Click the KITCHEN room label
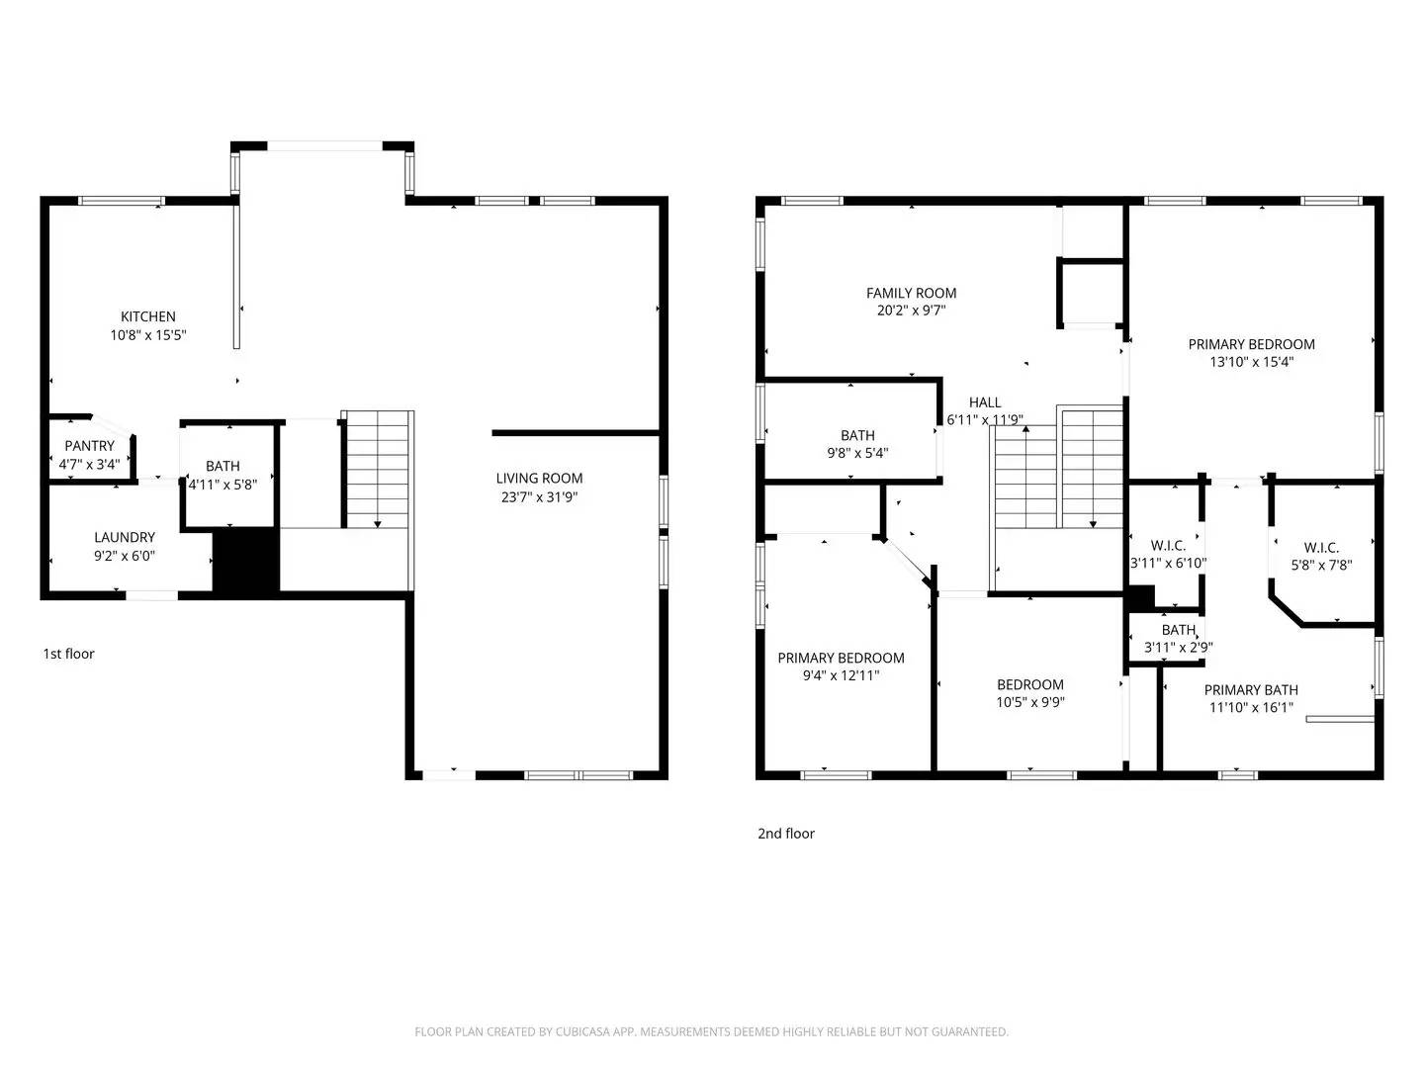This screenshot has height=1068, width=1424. point(148,316)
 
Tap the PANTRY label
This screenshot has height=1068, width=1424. point(89,446)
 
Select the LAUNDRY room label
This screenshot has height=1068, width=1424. point(125,537)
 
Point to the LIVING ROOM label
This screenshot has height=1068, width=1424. point(539,478)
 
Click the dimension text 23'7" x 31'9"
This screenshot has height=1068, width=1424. point(539,496)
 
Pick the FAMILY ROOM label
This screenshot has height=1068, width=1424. point(911,293)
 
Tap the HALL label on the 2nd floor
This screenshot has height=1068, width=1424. point(984,402)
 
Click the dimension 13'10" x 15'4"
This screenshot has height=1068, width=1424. point(1251,362)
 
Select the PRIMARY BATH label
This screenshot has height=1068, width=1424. point(1251,689)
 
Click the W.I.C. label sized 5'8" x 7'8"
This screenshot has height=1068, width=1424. point(1321,548)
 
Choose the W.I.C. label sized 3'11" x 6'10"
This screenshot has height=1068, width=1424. point(1168,546)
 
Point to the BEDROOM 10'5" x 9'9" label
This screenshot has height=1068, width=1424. point(1030,684)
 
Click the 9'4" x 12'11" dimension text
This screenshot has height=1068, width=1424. point(841,675)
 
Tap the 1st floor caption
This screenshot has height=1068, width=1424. point(68,654)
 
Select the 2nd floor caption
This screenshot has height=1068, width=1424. point(786,834)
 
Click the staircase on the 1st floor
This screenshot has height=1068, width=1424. point(377,470)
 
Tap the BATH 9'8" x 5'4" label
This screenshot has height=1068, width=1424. point(857,435)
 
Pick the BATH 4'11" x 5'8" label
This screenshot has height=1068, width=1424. point(222,466)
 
